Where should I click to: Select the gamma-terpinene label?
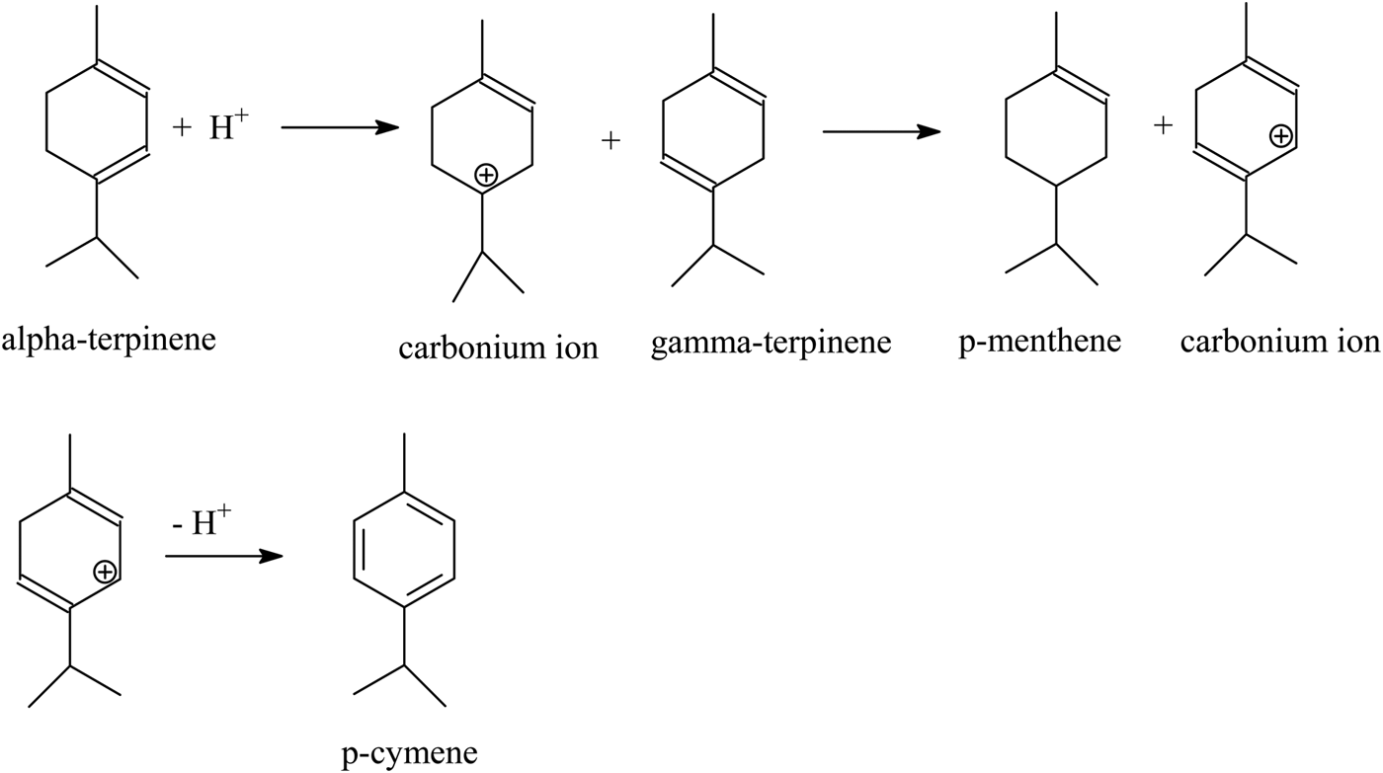click(772, 344)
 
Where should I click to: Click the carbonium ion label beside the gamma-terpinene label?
click(499, 348)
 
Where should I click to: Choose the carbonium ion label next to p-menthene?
click(1279, 342)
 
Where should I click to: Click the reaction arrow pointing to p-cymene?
click(223, 556)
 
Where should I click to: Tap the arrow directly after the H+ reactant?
click(339, 127)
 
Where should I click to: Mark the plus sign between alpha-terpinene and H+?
click(180, 129)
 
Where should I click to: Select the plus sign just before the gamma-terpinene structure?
click(610, 141)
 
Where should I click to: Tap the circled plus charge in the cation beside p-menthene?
click(1279, 136)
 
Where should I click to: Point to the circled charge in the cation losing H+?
click(104, 571)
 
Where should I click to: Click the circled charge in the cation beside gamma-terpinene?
click(485, 176)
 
